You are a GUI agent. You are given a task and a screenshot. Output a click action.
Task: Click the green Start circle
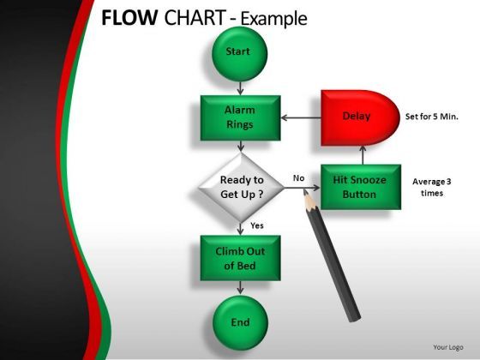(239, 51)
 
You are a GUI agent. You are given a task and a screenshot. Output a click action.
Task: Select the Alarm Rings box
(239, 117)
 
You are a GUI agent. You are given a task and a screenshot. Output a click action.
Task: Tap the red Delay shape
(359, 117)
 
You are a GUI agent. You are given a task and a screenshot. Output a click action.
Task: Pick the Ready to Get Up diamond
(240, 186)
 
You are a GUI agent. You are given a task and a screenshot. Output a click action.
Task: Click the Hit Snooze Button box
(360, 186)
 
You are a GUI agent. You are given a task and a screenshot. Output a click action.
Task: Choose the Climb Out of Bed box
(239, 258)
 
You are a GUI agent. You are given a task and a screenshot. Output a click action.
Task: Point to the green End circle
(240, 322)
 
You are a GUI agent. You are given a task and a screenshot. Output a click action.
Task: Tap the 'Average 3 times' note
(432, 187)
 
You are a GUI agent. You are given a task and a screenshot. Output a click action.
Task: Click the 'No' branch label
(298, 178)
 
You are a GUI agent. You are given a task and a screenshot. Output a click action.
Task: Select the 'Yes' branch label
(256, 225)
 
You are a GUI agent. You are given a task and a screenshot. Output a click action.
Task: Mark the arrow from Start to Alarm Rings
(239, 87)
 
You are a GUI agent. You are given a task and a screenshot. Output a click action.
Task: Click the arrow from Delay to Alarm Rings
(300, 117)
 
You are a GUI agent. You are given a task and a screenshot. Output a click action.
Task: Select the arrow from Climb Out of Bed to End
(239, 290)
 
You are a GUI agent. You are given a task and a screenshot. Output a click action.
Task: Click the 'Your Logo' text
(448, 347)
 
